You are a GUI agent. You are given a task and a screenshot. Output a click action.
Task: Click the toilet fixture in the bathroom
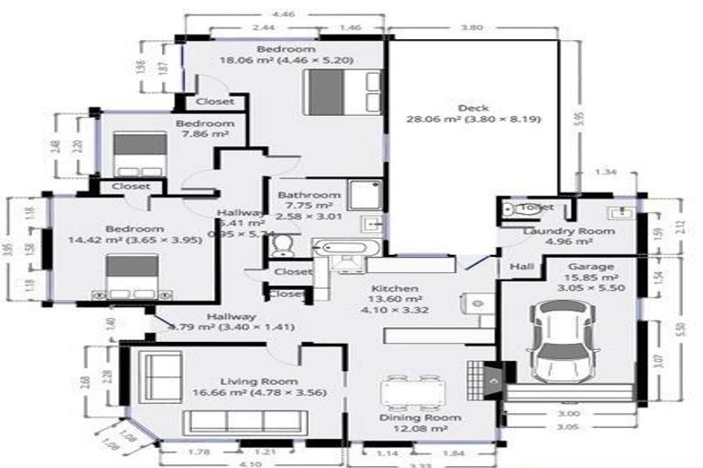(284, 244)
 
